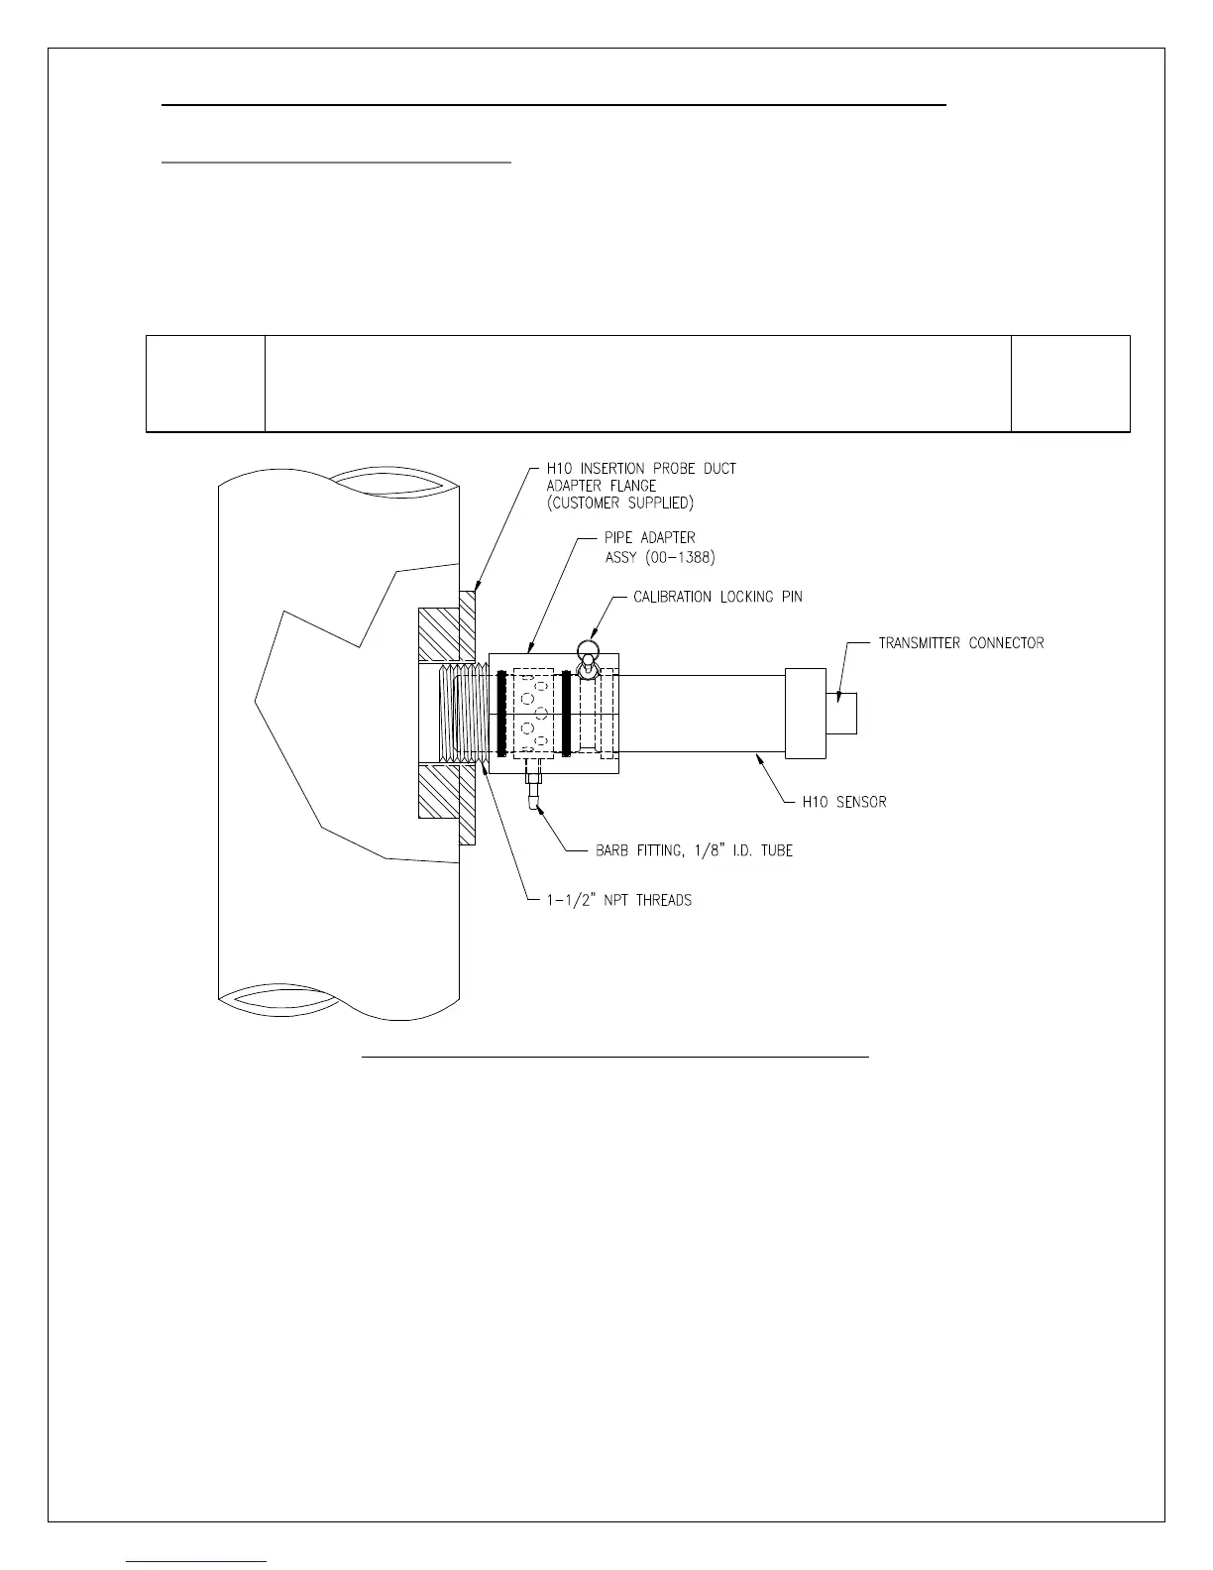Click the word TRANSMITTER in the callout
coord(920,643)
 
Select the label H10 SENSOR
coord(844,802)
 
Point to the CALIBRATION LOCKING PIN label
coord(717,597)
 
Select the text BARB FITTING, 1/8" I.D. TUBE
coord(694,850)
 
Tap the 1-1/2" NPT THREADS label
coord(608,901)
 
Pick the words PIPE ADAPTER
coord(650,537)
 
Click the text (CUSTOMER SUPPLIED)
coord(620,504)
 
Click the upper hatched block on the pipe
coord(440,634)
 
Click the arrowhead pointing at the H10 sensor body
coord(759,760)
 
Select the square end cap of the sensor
coord(805,714)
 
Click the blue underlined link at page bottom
coord(197,1561)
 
